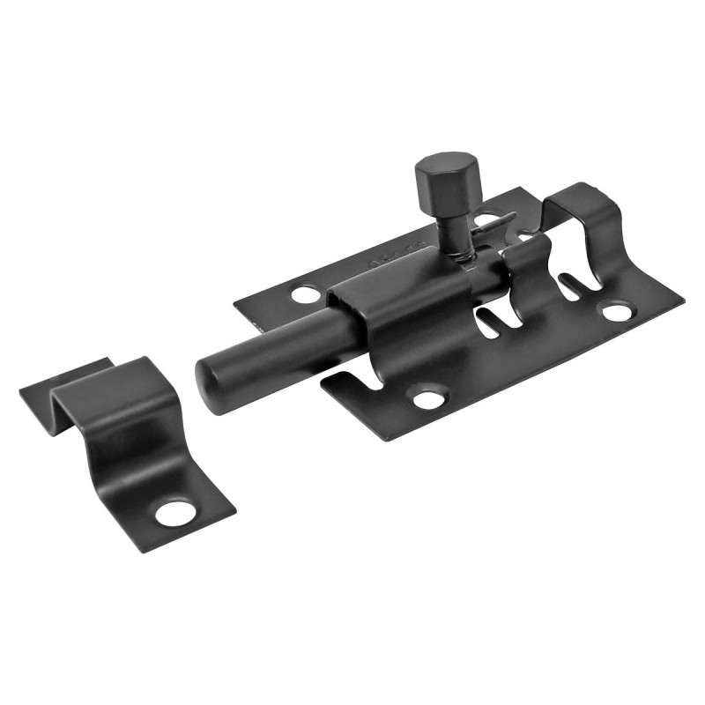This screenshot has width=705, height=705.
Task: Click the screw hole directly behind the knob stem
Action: click(485, 217)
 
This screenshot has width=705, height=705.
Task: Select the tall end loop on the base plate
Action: click(582, 220)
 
